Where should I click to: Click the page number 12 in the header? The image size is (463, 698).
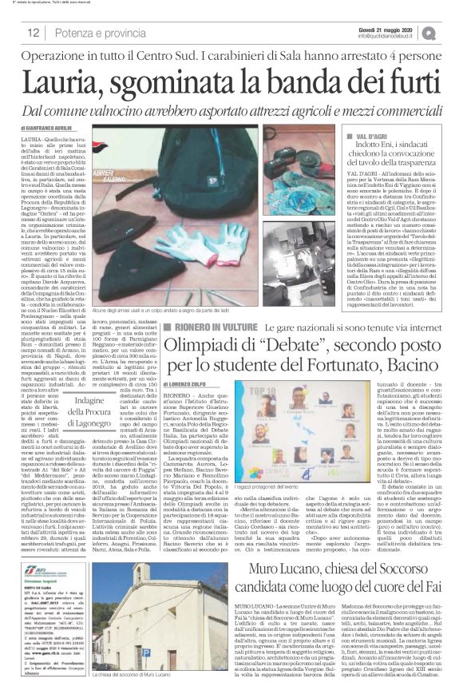(34, 33)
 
